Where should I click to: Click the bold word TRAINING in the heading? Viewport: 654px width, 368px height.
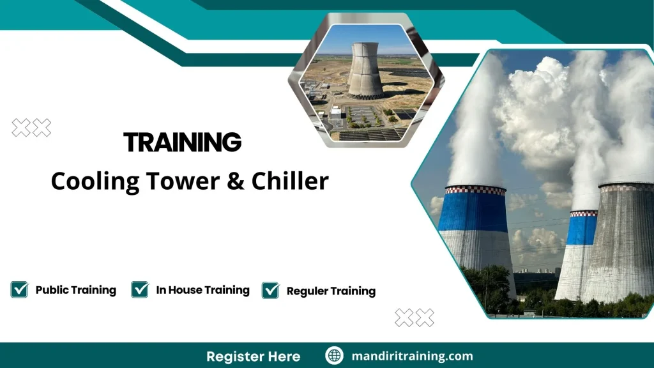click(x=183, y=142)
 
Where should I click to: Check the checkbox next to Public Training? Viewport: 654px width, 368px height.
click(x=19, y=289)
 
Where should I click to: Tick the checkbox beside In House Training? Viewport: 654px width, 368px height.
click(x=140, y=289)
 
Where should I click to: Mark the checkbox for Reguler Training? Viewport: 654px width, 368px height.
click(x=271, y=290)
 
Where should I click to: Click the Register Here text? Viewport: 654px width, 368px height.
click(x=253, y=356)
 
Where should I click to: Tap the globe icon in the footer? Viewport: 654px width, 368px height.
click(x=334, y=356)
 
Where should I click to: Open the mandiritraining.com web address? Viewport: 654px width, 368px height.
click(x=412, y=356)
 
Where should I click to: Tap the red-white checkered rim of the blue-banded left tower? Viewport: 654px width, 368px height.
click(x=475, y=190)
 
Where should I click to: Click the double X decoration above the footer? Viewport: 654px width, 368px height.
click(x=414, y=317)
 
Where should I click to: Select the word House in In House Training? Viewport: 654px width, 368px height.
click(x=187, y=290)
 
